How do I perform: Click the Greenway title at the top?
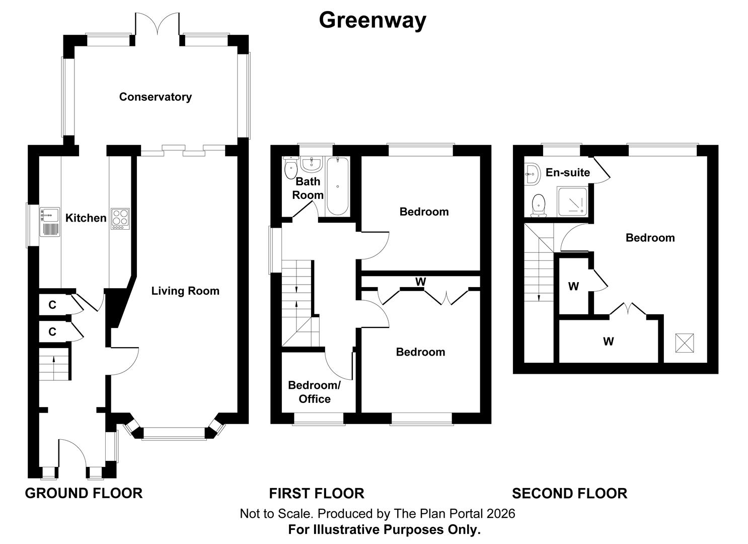click(x=372, y=20)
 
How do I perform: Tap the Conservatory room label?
click(x=155, y=97)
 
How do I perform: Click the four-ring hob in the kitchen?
click(x=120, y=219)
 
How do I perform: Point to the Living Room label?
click(x=185, y=291)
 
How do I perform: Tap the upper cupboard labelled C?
click(x=52, y=305)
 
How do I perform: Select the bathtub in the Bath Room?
click(x=337, y=187)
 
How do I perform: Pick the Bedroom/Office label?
click(x=314, y=392)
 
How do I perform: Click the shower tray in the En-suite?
click(x=574, y=201)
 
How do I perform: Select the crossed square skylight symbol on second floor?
click(x=685, y=344)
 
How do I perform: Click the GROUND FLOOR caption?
click(x=84, y=493)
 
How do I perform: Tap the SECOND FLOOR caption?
click(x=569, y=493)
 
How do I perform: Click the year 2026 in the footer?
click(x=500, y=513)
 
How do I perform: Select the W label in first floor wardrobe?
click(x=420, y=282)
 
